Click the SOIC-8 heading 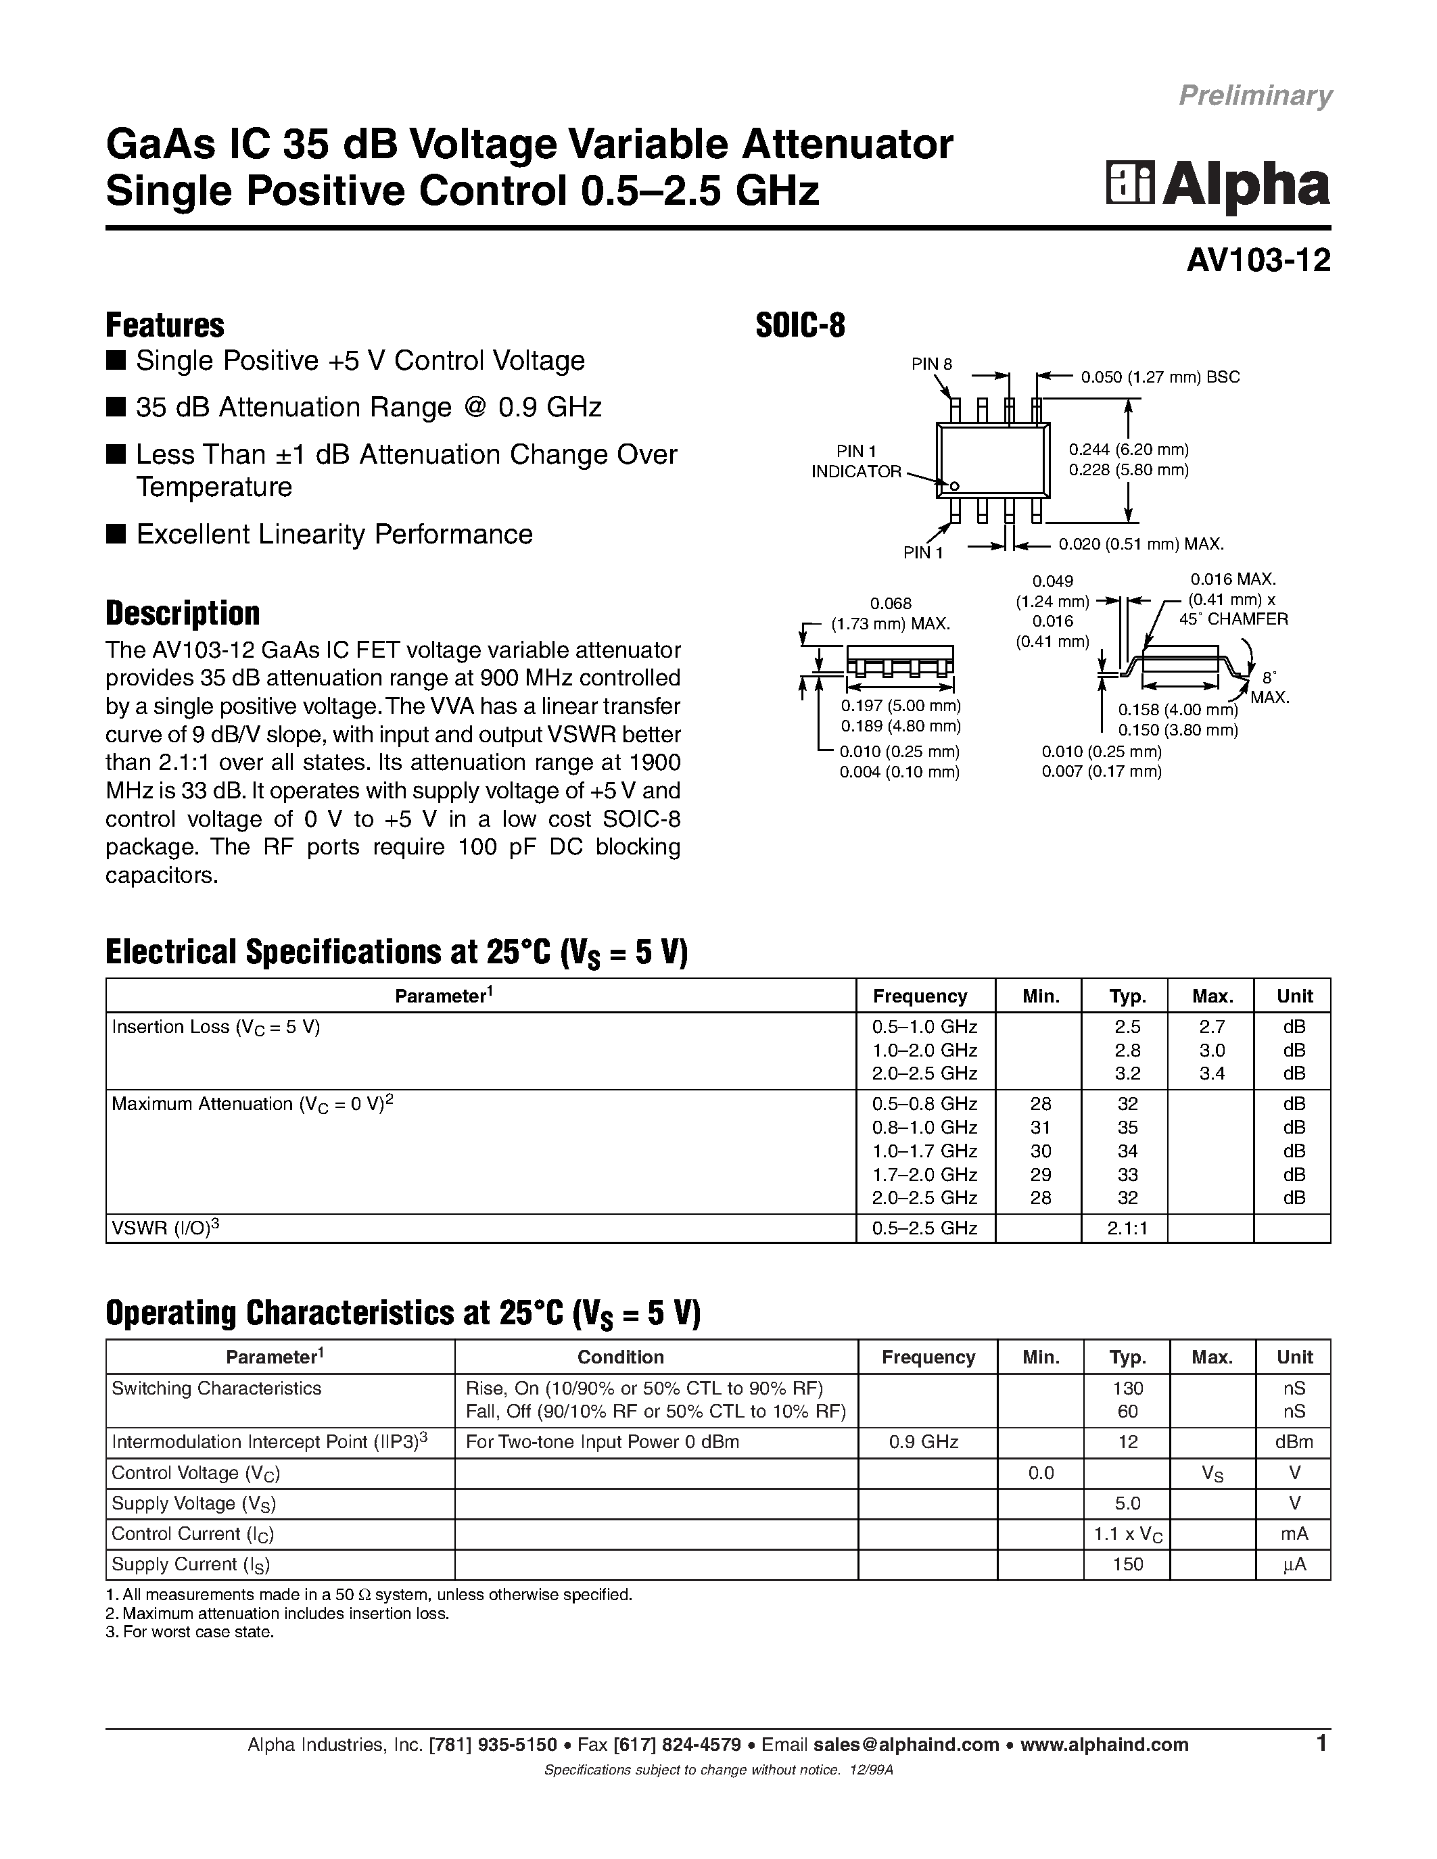pos(800,325)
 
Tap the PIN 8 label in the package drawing pos(931,364)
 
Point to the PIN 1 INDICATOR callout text pos(855,461)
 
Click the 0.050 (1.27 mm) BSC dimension pos(1160,377)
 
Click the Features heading pos(164,325)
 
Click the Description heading pos(182,613)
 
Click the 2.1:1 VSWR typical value pos(1127,1228)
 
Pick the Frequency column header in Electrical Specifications pos(920,996)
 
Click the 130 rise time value pos(1127,1387)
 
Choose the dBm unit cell pos(1294,1441)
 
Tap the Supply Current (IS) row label pos(191,1564)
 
